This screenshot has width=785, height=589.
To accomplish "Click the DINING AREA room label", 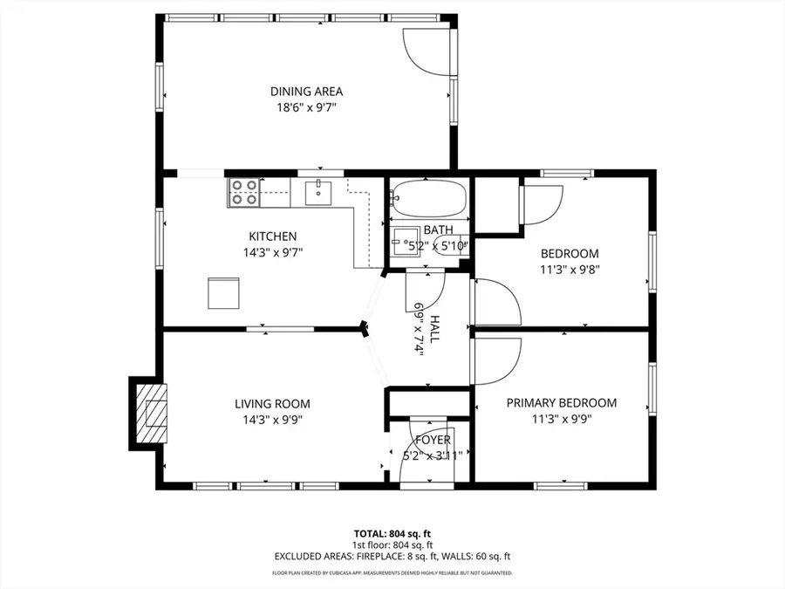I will (305, 91).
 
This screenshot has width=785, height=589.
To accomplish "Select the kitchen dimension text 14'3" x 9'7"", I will (273, 252).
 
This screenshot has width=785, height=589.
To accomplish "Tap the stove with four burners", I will (244, 192).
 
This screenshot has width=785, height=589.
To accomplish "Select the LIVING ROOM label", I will (272, 404).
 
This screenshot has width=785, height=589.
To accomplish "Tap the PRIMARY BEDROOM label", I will (562, 403).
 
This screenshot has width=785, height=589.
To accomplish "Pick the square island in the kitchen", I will (223, 292).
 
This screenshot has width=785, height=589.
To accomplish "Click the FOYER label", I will (433, 440).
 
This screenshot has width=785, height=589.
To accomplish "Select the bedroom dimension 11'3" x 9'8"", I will (567, 269).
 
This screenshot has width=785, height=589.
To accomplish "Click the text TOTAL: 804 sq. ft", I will (392, 532).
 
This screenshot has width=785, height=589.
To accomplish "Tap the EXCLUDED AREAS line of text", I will (392, 556).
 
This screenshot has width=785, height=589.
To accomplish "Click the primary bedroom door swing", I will (497, 360).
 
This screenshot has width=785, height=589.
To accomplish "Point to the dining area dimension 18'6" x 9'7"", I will (305, 107).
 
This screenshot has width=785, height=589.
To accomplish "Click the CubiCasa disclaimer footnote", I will (392, 573).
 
